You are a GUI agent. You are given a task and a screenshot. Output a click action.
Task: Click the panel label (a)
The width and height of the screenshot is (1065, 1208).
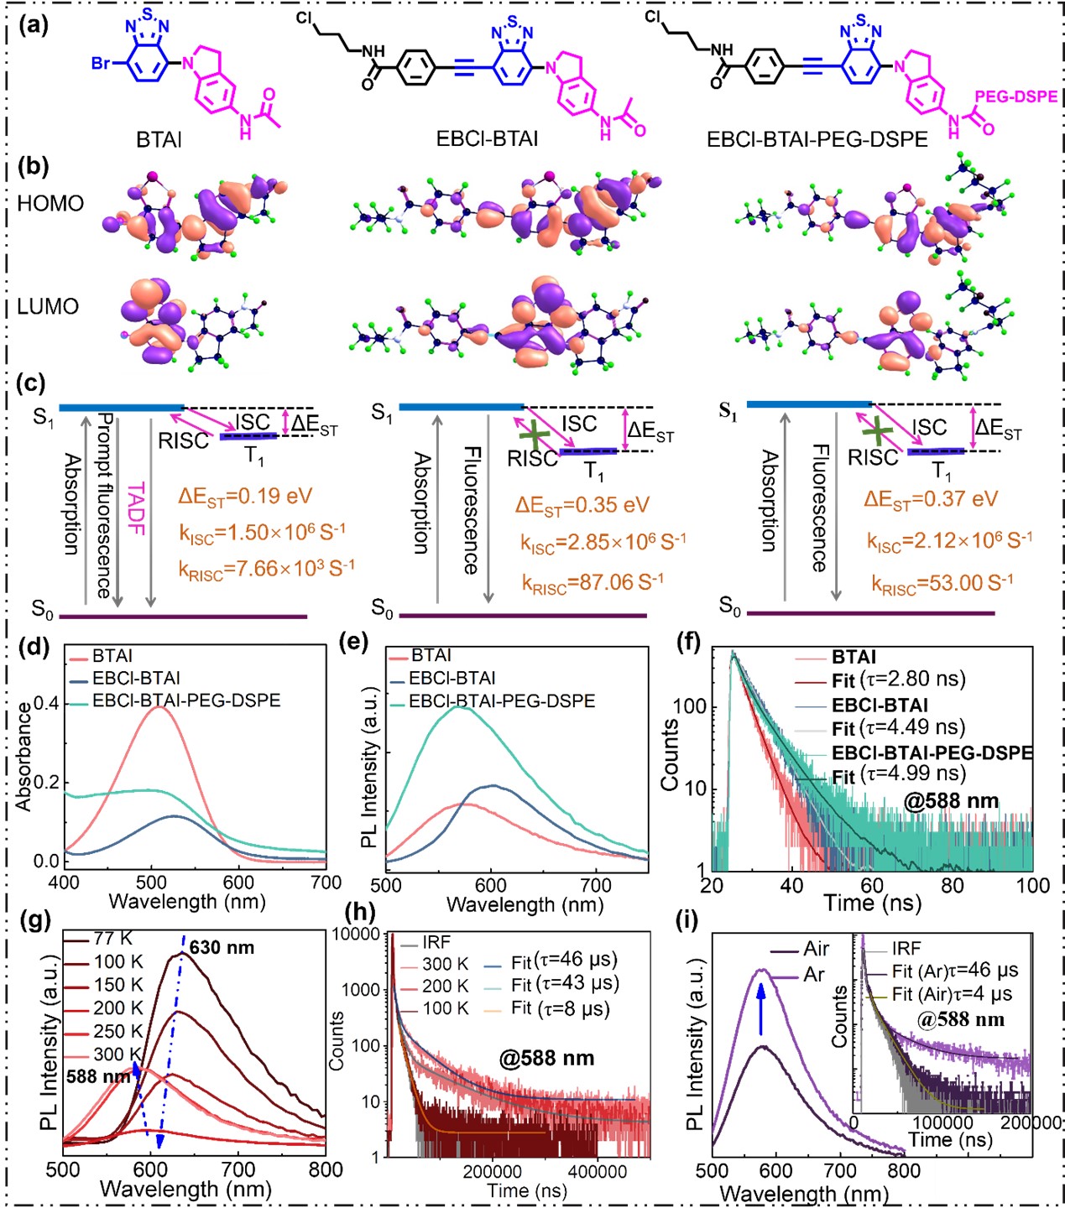click(34, 25)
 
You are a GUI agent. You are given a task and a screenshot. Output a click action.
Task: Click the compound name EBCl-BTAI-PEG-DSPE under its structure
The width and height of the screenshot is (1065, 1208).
click(817, 139)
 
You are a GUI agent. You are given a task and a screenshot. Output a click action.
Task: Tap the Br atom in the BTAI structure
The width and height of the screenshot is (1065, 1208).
click(102, 64)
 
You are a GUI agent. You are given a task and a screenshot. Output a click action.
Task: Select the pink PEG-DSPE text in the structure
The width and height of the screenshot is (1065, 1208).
click(1015, 97)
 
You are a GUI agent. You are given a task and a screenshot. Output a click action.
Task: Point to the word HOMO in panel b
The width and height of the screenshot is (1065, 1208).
click(50, 204)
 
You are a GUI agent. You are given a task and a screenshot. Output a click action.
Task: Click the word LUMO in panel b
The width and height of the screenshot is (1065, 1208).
click(48, 306)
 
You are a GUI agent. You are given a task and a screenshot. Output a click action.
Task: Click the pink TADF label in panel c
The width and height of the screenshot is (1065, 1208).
click(135, 508)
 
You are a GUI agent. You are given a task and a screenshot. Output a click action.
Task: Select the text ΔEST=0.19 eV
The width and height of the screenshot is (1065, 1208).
click(244, 496)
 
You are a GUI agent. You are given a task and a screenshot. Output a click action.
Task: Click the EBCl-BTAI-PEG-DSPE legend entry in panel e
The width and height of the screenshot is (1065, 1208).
click(502, 700)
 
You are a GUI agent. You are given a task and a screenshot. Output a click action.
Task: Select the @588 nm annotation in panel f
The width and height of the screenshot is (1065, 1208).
click(951, 800)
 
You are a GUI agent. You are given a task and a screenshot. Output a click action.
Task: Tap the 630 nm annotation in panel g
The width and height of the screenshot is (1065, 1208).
click(221, 947)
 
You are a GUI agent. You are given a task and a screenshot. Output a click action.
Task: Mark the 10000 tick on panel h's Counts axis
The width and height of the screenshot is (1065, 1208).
click(363, 934)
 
